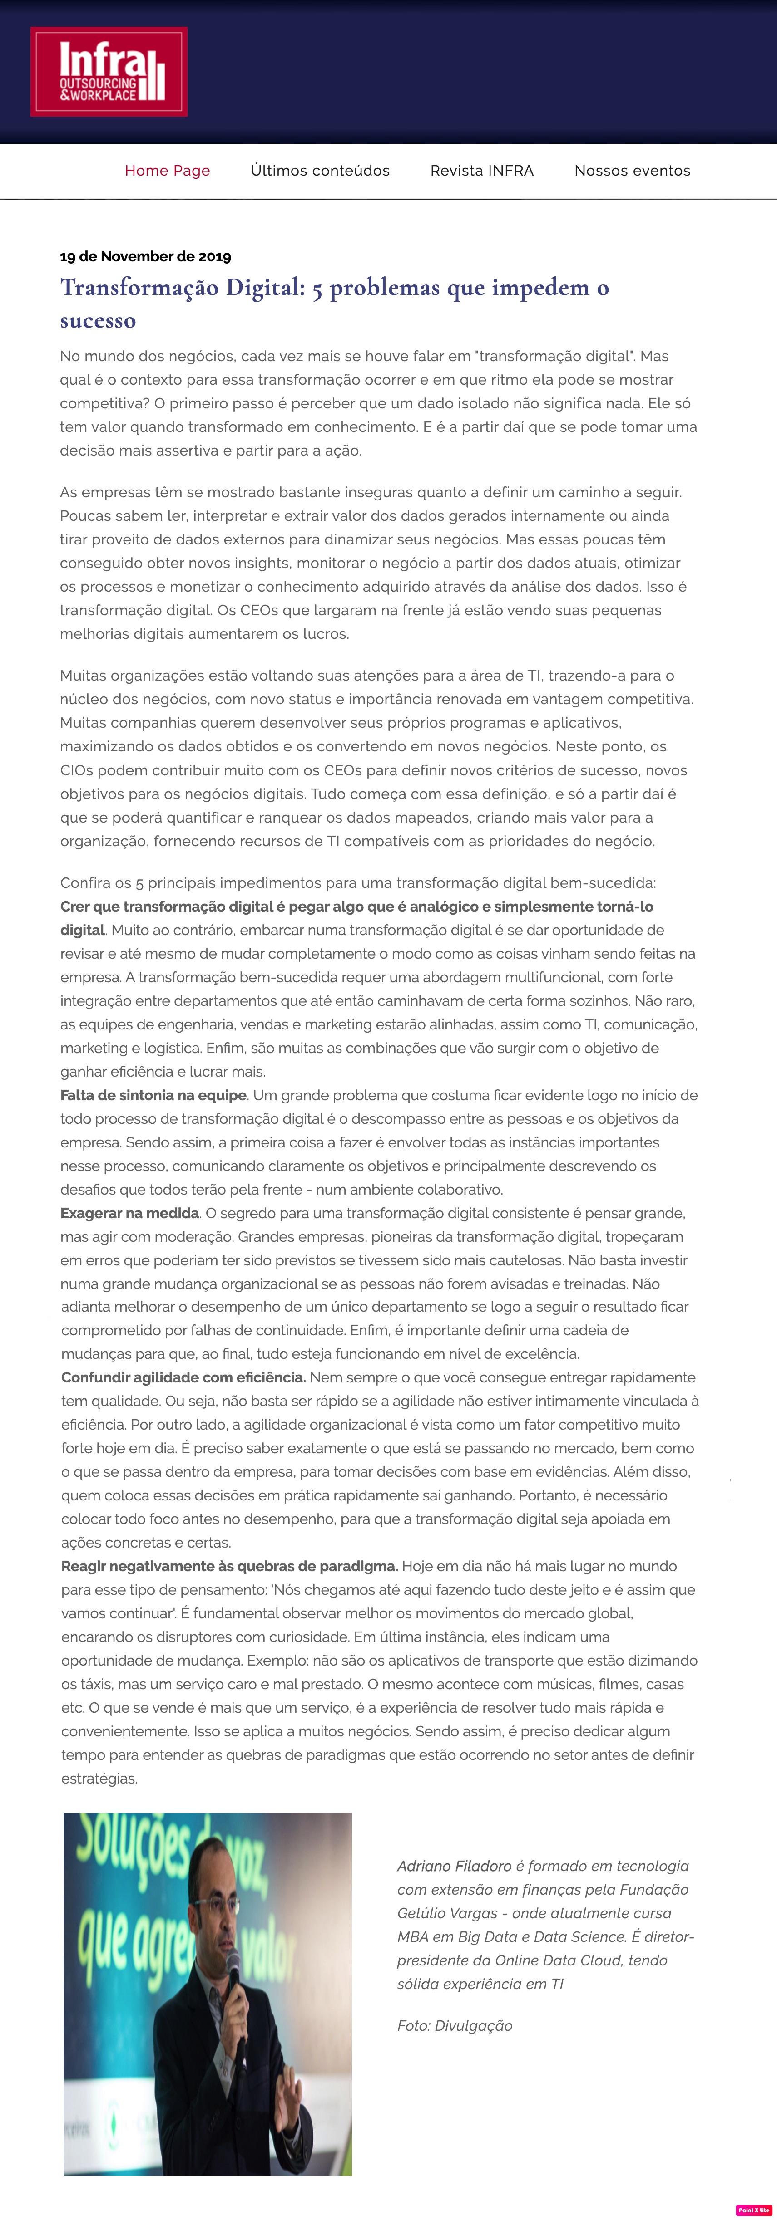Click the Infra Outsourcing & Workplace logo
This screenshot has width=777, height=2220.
[109, 72]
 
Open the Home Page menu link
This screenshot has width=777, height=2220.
[167, 171]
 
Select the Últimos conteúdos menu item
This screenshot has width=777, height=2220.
[320, 171]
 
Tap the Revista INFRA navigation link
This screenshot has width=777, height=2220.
[482, 171]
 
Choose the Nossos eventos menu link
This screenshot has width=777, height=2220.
[632, 171]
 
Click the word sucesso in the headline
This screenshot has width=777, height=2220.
[98, 321]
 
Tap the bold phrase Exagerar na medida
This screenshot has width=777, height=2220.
[129, 1213]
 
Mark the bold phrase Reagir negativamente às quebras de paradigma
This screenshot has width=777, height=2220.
[229, 1566]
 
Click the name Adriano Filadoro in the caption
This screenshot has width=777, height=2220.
[454, 1866]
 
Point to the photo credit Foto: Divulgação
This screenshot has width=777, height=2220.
[455, 2025]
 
